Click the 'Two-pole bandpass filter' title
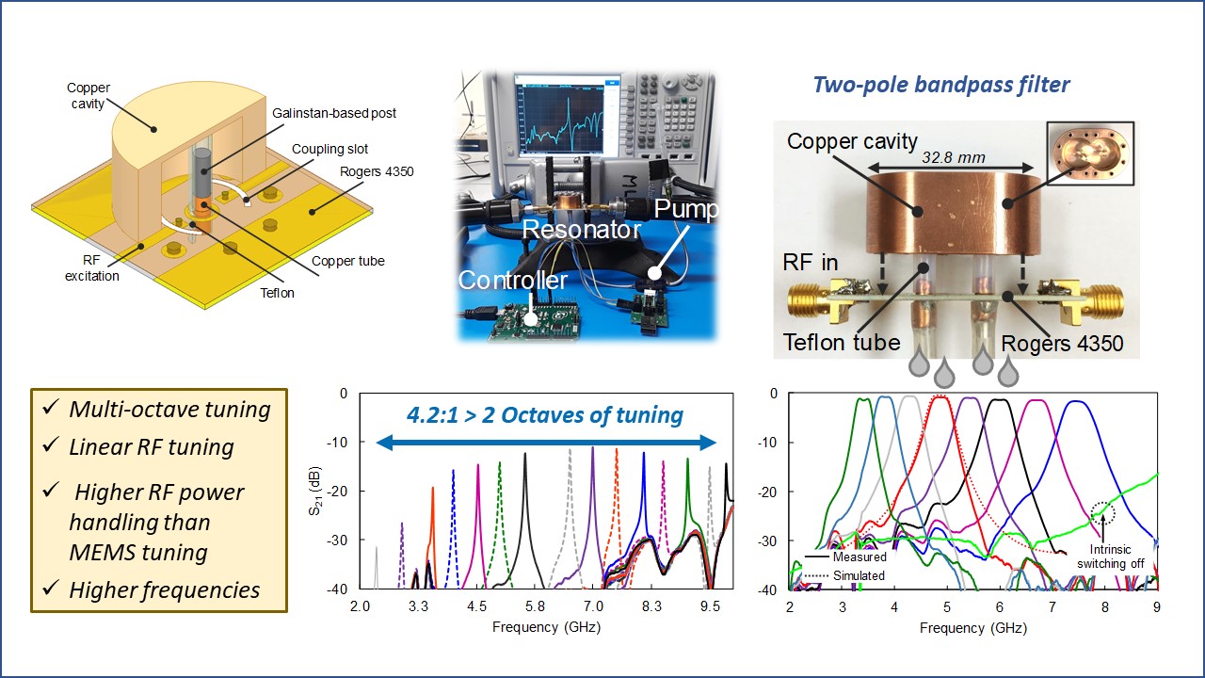(940, 85)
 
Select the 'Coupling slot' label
(329, 149)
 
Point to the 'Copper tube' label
(347, 261)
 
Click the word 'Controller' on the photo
(513, 280)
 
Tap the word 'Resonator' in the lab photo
(582, 229)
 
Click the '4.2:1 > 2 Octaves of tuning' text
(545, 414)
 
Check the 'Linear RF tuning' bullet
(152, 446)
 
